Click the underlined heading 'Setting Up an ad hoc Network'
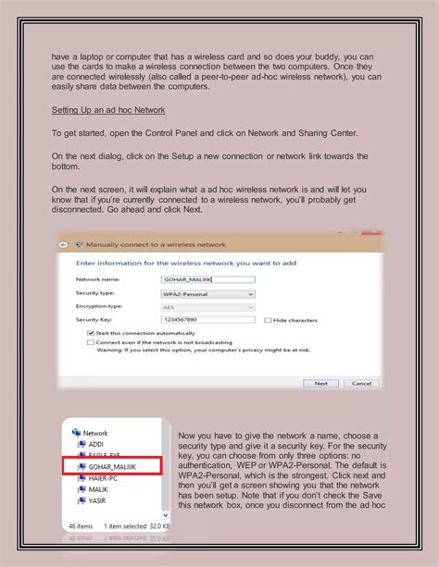108,110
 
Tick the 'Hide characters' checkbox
269,320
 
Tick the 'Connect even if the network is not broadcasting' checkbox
90,341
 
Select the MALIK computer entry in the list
98,491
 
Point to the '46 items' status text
81,525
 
